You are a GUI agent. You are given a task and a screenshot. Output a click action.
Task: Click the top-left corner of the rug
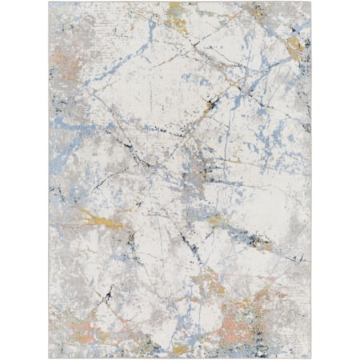point(50,3)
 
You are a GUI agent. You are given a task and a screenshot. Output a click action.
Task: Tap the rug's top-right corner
point(311,3)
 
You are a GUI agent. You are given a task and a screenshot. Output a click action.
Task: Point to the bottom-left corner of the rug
point(50,357)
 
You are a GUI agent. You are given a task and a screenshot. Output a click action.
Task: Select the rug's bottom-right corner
point(311,357)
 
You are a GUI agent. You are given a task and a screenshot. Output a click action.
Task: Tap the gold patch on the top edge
point(176,10)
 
